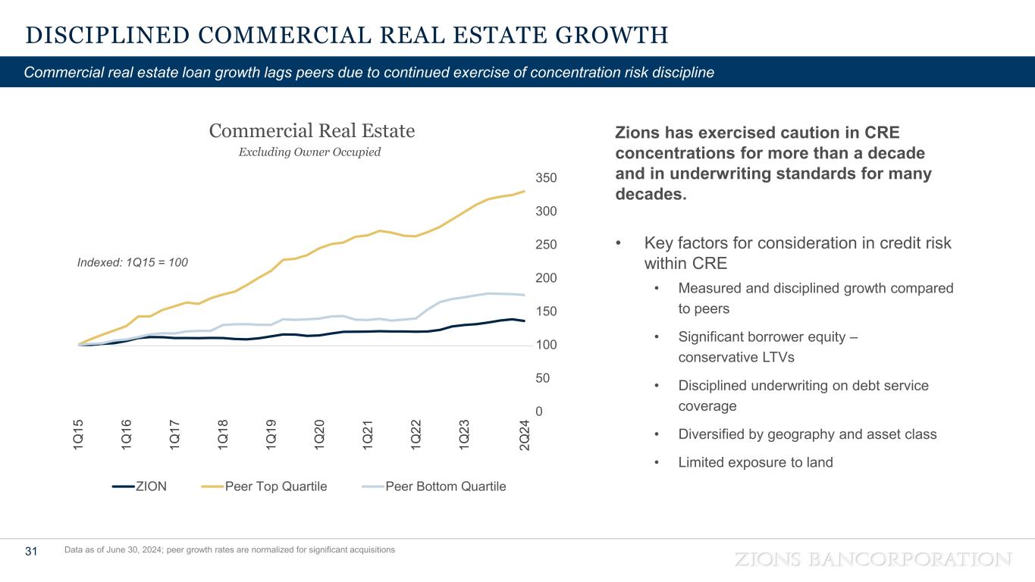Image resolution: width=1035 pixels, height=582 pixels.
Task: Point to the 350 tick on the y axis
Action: (547, 178)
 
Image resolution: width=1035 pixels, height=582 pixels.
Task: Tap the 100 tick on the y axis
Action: (547, 345)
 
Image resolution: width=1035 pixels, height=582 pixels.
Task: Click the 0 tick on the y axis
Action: (540, 411)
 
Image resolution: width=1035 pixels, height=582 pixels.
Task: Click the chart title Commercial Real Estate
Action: (312, 131)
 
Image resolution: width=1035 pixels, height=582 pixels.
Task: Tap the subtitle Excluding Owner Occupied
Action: (309, 152)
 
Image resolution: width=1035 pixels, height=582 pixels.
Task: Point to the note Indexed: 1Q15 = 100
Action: (133, 262)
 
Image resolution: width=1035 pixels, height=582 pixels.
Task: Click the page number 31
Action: (31, 552)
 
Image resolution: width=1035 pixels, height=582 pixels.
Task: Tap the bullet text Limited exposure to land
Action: (755, 462)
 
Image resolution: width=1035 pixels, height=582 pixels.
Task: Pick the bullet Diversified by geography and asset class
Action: (807, 434)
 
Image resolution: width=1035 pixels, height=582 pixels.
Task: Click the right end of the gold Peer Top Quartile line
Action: (524, 191)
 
